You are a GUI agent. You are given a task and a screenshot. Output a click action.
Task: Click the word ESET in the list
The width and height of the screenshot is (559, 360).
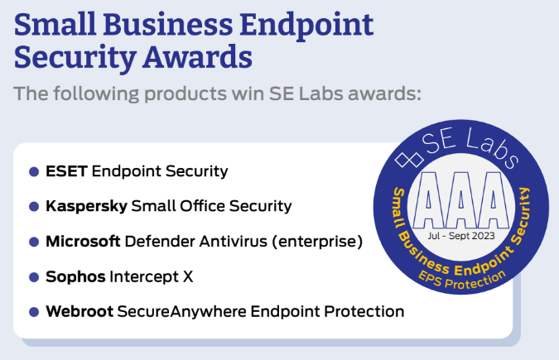click(67, 171)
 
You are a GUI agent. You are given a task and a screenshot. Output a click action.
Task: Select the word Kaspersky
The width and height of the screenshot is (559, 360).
click(87, 206)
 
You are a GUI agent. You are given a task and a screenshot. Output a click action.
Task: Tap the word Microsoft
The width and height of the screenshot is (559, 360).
click(83, 242)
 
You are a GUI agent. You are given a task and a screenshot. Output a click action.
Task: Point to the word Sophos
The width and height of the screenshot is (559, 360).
click(75, 276)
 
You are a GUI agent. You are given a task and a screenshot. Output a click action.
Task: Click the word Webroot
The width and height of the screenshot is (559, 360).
click(80, 311)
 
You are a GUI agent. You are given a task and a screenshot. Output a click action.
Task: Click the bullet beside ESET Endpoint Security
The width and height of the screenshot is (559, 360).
click(34, 172)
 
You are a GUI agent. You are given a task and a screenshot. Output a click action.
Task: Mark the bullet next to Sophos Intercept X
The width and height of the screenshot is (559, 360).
click(34, 277)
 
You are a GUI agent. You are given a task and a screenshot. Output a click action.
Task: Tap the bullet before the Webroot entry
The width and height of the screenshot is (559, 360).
click(34, 312)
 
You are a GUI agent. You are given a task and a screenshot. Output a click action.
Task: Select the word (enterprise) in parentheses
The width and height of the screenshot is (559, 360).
click(317, 242)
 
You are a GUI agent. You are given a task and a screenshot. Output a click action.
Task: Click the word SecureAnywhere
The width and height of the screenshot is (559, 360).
click(182, 312)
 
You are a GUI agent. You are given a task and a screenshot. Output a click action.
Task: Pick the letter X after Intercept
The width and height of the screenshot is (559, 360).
click(188, 277)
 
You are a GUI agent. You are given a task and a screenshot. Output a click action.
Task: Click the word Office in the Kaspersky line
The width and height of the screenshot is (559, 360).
click(202, 206)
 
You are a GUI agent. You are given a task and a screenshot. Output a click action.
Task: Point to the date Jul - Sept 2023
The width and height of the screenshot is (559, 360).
click(461, 236)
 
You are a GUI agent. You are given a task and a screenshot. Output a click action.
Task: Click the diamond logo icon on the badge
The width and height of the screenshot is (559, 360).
click(409, 160)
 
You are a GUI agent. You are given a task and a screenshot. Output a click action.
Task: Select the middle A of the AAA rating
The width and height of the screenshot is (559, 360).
click(461, 200)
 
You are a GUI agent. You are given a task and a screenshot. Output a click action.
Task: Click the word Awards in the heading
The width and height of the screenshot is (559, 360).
click(197, 57)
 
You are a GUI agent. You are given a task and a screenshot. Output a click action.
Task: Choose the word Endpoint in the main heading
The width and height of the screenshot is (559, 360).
click(306, 26)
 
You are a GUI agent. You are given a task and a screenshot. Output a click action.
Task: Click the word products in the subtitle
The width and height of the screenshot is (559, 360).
click(186, 94)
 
